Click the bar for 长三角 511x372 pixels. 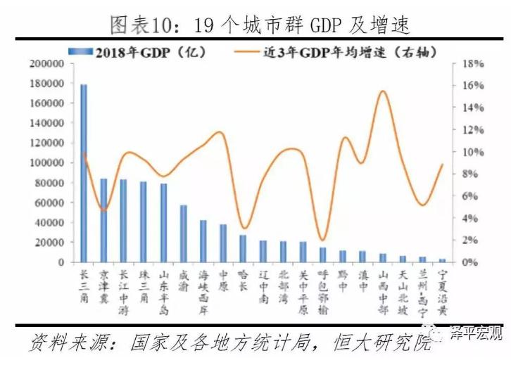click(84, 173)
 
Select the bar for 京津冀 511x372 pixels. click(103, 220)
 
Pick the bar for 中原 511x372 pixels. click(223, 243)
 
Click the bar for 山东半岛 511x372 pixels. click(163, 223)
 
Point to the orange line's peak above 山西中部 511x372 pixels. click(382, 91)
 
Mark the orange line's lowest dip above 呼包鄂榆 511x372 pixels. click(322, 240)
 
